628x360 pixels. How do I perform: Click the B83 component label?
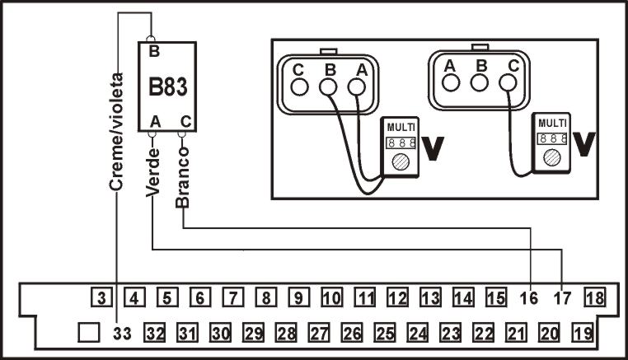pos(167,86)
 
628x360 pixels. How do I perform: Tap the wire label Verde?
pos(152,172)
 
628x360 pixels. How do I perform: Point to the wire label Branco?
pos(183,180)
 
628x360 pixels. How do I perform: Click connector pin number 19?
pos(582,333)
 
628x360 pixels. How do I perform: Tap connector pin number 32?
pos(155,333)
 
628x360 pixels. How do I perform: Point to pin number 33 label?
pos(121,333)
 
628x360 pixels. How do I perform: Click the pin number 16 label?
pos(530,298)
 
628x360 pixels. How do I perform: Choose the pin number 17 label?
pos(561,298)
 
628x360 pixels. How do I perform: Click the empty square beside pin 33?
pos(88,333)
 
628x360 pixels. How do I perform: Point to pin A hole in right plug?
pos(450,82)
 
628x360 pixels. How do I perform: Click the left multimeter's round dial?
pos(401,161)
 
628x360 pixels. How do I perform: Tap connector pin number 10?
pos(331,297)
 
